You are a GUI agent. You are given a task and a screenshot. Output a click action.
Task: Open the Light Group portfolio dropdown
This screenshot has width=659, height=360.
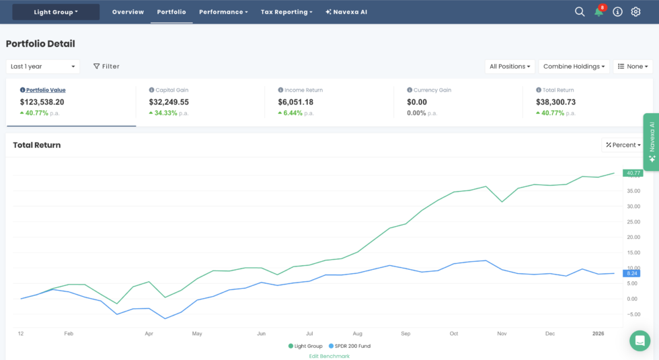[56, 12]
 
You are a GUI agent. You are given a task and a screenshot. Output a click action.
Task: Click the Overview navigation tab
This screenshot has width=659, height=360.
[128, 12]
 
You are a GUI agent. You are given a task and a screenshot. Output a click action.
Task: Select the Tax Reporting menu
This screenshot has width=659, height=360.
[286, 12]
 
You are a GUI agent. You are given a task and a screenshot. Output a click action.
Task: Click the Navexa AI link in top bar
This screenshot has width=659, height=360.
[346, 12]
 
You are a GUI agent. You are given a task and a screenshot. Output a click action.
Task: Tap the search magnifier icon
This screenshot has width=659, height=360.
[580, 12]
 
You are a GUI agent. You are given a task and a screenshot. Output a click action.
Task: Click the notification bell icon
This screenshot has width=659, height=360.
[598, 12]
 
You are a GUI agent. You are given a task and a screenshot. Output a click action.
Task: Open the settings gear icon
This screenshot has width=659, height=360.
[635, 12]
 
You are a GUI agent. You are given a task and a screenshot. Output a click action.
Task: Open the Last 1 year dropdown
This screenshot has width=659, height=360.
[42, 67]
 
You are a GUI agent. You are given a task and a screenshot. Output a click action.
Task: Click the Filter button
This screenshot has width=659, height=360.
[106, 67]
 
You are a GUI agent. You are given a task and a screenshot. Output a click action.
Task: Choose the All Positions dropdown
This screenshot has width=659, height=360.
[510, 67]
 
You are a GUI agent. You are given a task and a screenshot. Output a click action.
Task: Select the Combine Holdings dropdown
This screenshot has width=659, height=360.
[574, 67]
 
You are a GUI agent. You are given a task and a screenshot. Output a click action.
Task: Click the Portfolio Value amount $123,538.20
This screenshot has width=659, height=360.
[42, 102]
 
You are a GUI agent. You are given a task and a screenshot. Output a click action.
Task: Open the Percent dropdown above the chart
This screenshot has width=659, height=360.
[622, 145]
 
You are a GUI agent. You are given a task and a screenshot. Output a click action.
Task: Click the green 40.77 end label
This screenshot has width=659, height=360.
[632, 173]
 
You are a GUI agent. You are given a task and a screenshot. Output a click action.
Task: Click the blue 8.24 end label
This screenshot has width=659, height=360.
[631, 273]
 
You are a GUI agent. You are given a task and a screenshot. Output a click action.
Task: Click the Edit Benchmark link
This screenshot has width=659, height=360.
[329, 356]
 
